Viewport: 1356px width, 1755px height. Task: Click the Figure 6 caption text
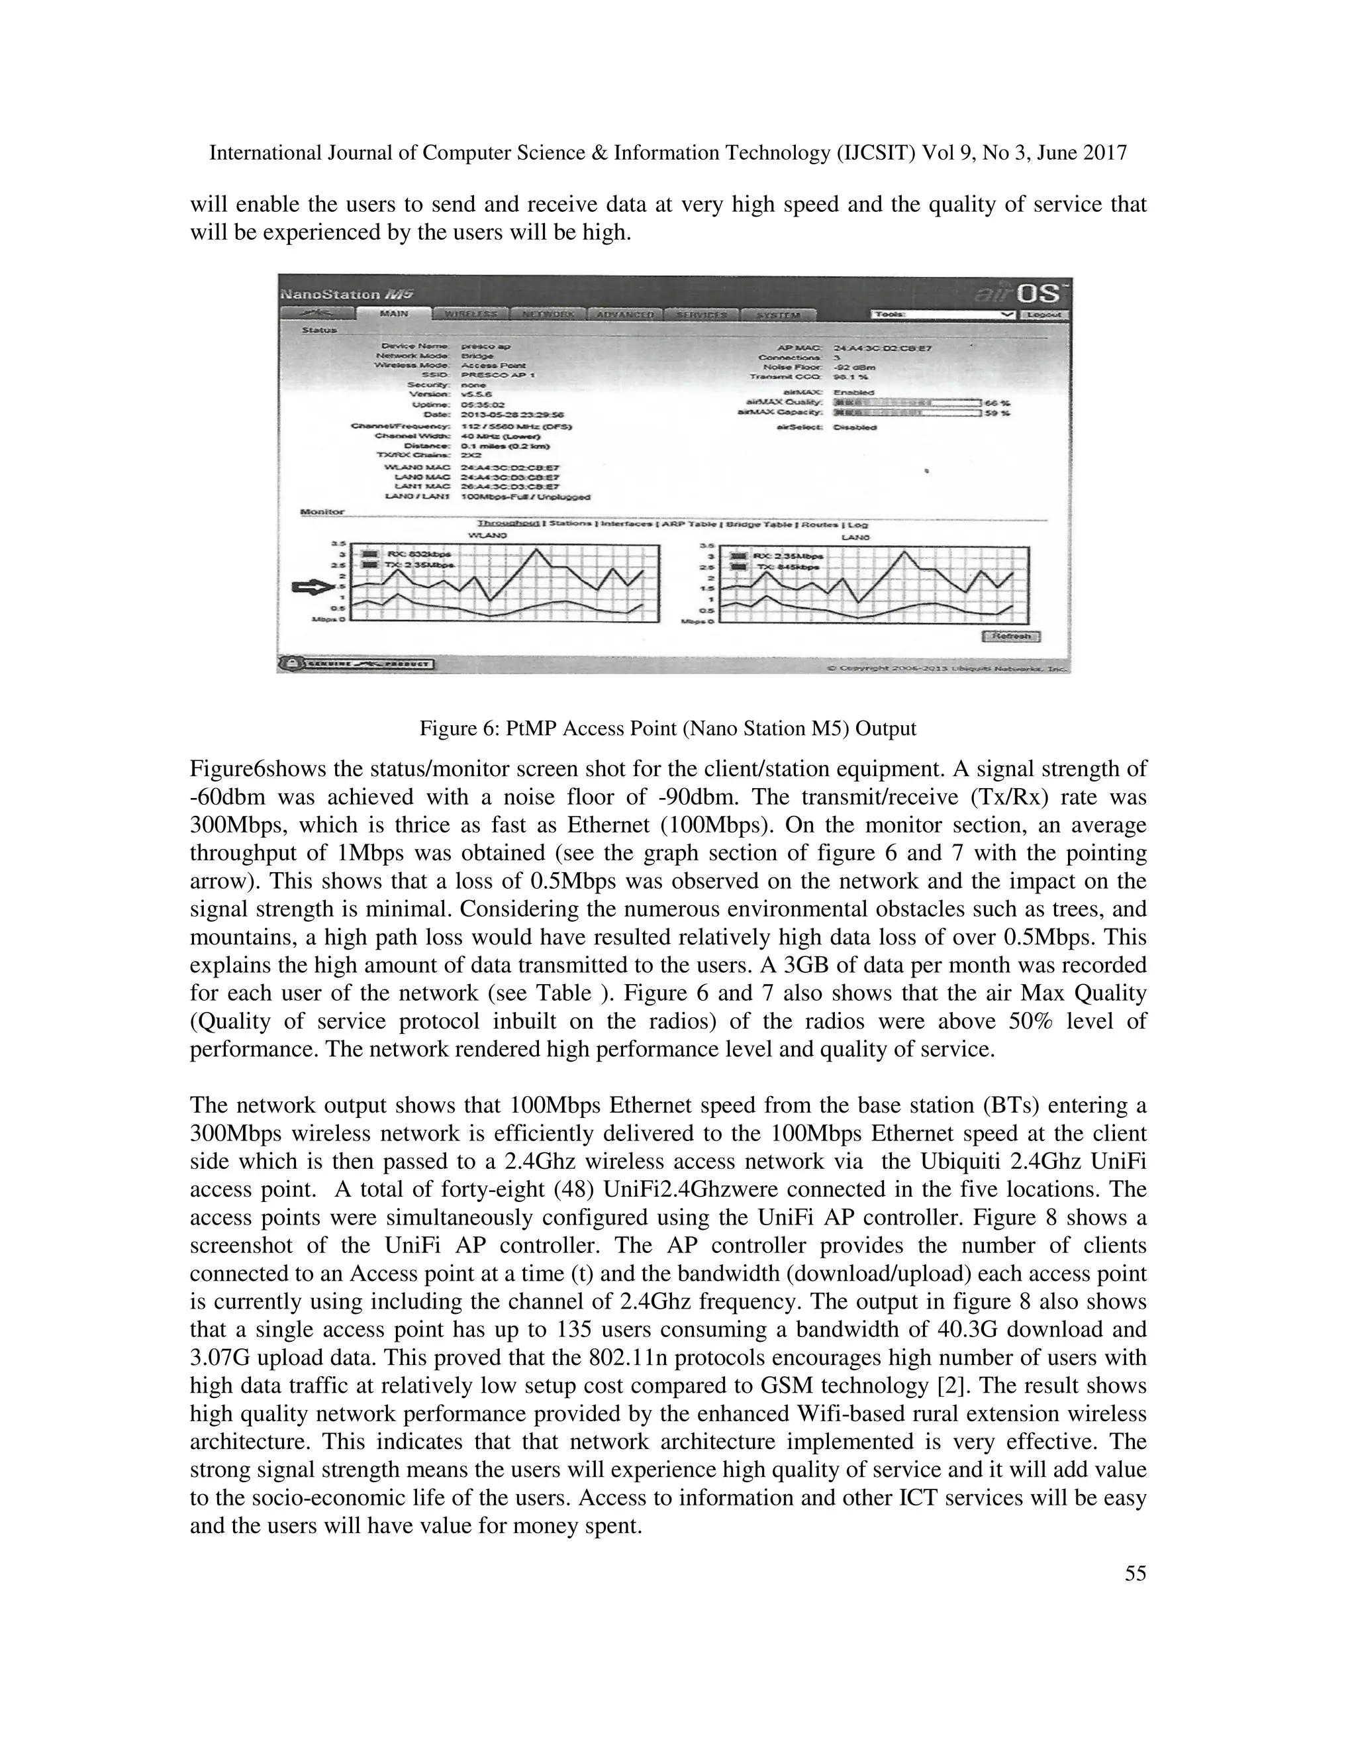(x=667, y=729)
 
